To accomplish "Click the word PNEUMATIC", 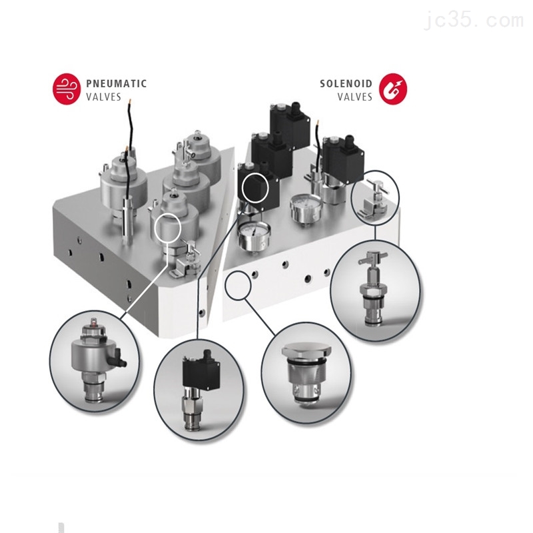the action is click(116, 84).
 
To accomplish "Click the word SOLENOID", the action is click(346, 84).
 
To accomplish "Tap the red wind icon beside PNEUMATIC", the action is click(66, 89).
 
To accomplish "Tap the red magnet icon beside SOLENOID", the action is click(392, 89).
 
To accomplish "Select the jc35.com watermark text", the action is click(474, 19).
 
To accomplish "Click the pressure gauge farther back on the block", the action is click(304, 207).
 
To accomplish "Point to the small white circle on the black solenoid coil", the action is click(255, 188).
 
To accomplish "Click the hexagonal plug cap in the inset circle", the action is click(306, 350).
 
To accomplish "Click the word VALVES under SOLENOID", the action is click(355, 97).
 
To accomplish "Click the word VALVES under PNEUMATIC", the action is click(104, 97).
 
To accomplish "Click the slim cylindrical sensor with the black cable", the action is click(128, 219).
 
